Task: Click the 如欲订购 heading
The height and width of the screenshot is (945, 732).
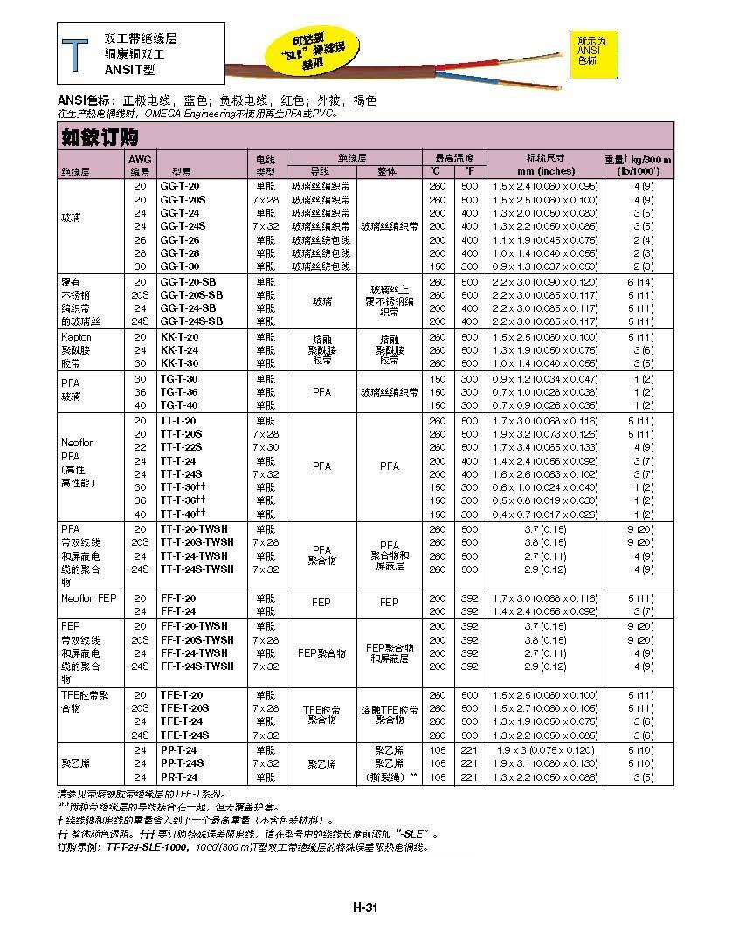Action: point(99,137)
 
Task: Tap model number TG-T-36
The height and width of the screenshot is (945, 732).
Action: point(179,392)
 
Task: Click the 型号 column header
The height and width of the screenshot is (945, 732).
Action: point(181,171)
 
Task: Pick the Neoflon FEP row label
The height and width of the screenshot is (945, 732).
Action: point(88,598)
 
